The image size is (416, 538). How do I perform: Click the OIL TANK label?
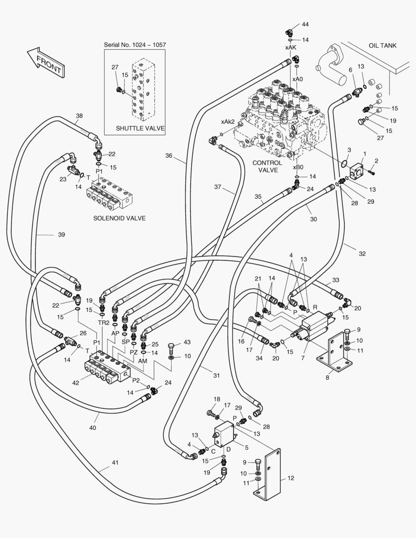click(x=382, y=45)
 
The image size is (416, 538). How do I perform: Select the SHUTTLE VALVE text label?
click(x=140, y=128)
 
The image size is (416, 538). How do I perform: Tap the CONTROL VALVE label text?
click(x=268, y=166)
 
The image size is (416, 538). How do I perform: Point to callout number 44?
click(x=305, y=24)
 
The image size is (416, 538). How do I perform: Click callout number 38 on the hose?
click(x=79, y=116)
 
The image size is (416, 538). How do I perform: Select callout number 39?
click(x=61, y=234)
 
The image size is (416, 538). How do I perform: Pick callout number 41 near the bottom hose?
click(x=115, y=463)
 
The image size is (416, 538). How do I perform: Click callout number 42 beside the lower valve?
click(x=76, y=383)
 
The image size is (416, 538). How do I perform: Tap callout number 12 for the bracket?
click(x=290, y=478)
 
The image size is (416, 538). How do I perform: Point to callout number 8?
click(x=327, y=378)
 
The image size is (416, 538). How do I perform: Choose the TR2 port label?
click(x=103, y=322)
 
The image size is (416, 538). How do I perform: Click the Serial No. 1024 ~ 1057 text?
click(x=135, y=45)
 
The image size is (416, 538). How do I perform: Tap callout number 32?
click(x=362, y=254)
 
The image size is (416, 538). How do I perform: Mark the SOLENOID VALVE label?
click(x=120, y=218)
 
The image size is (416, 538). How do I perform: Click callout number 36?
click(x=169, y=155)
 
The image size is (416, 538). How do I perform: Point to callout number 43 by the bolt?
click(x=187, y=342)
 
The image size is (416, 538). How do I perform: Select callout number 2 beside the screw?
click(x=376, y=160)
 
